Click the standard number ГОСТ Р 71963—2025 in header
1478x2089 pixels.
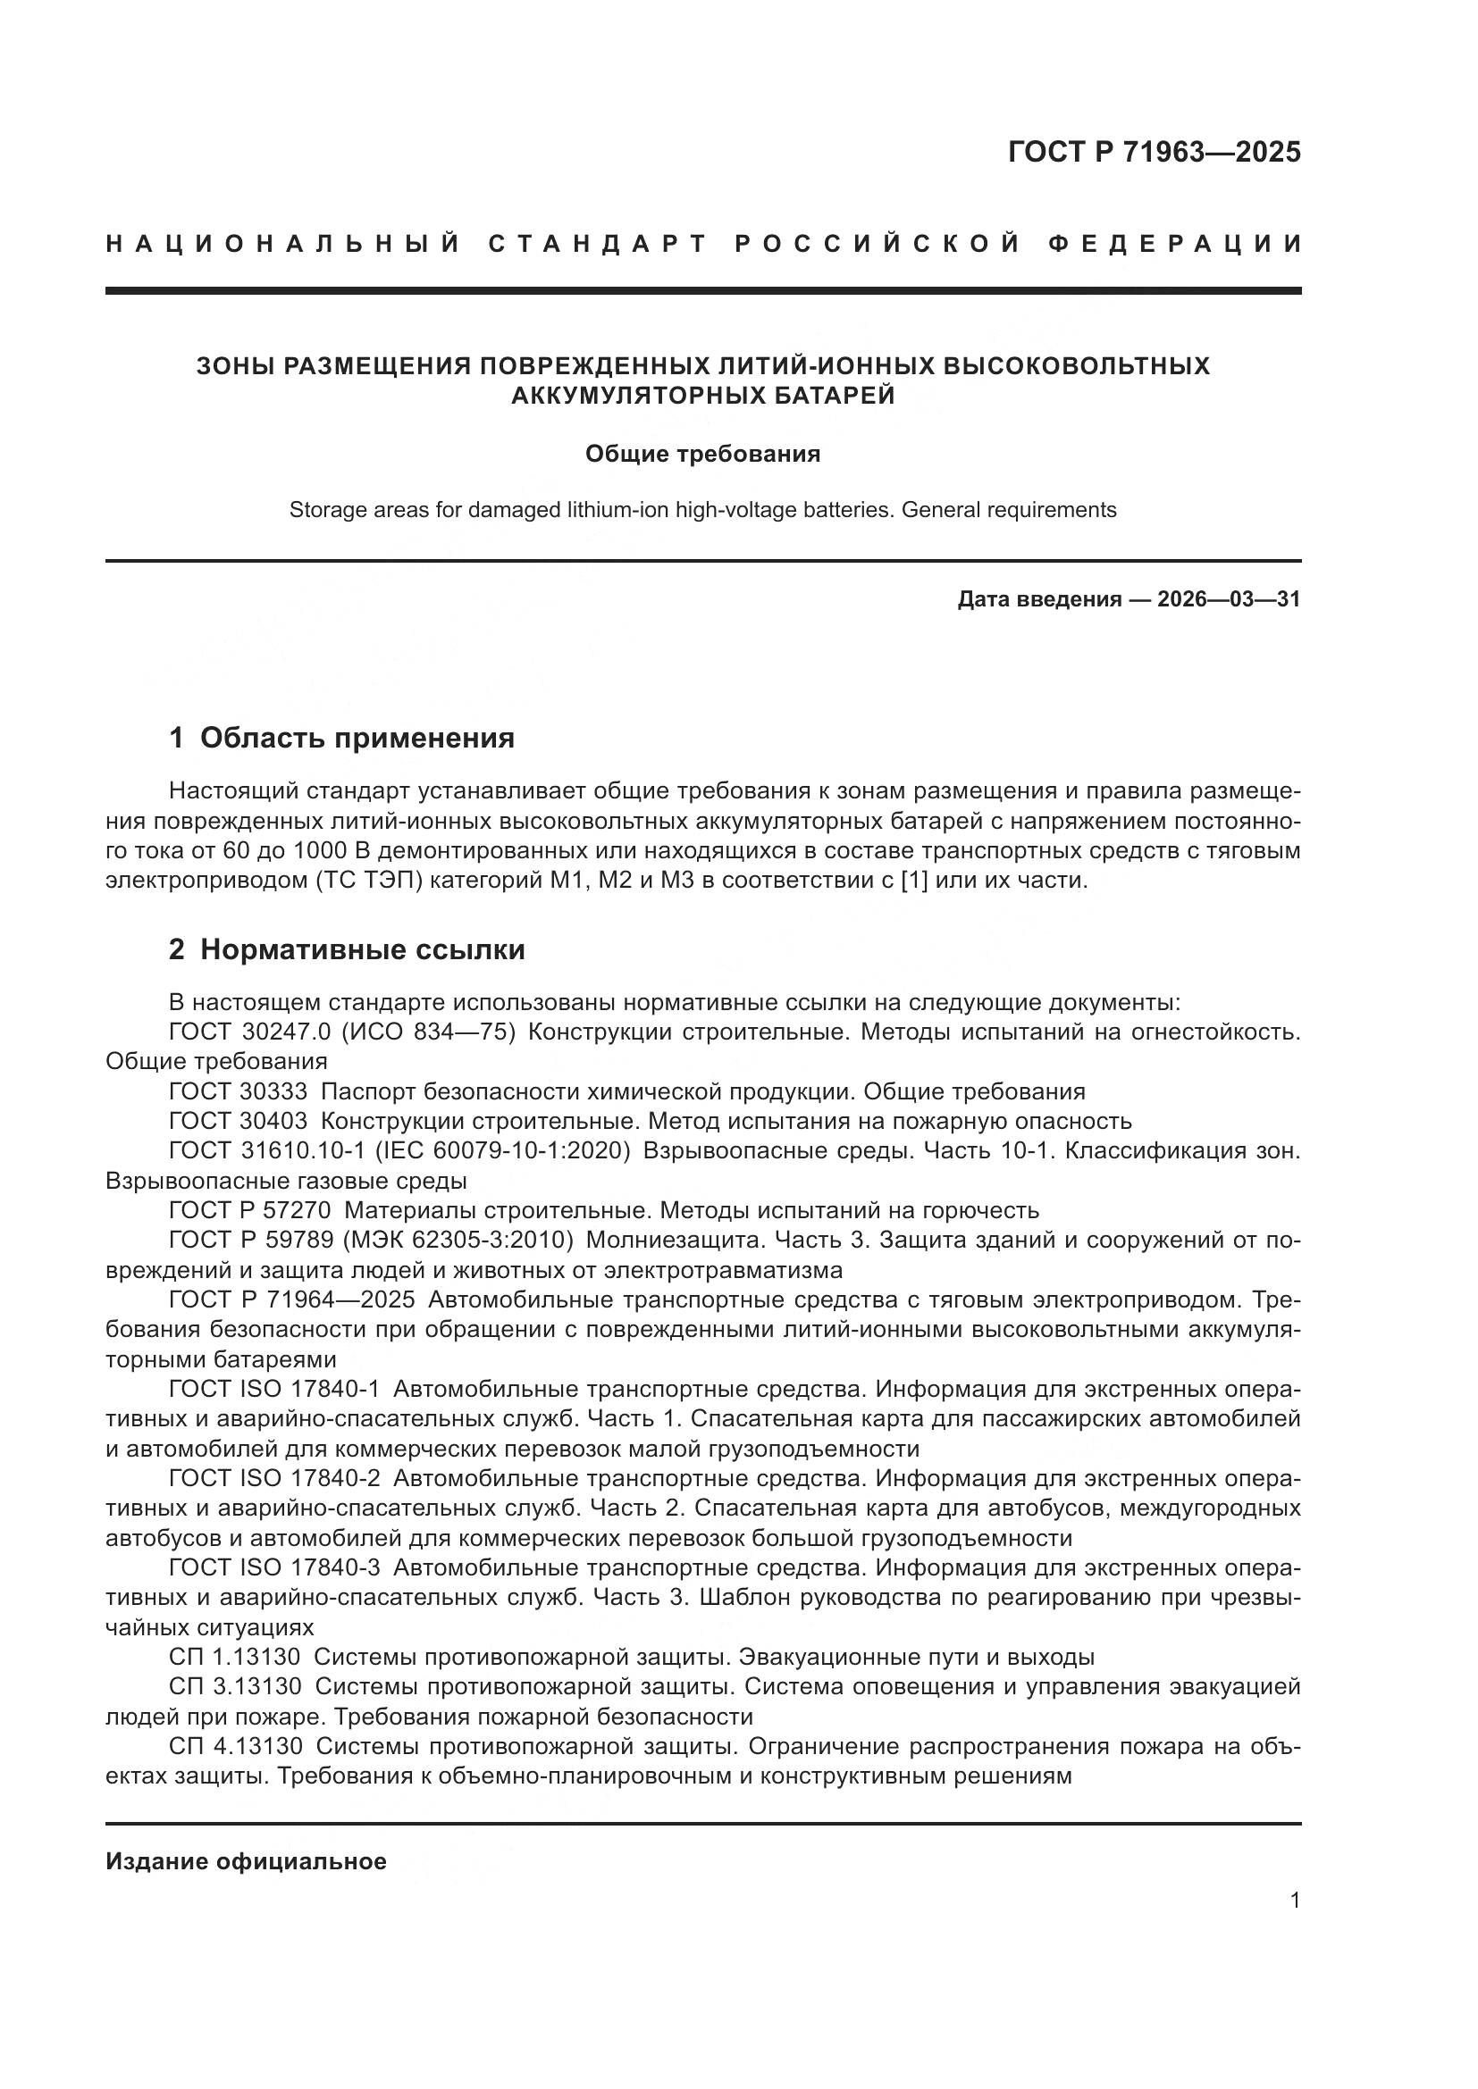(1154, 152)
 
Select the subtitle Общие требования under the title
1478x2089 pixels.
(702, 453)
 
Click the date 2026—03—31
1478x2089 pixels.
(1229, 598)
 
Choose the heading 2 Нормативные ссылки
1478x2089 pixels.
(347, 949)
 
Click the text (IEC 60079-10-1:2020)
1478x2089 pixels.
(503, 1150)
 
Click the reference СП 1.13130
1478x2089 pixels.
(235, 1657)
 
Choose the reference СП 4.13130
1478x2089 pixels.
(235, 1746)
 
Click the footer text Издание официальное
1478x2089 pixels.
(246, 1861)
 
